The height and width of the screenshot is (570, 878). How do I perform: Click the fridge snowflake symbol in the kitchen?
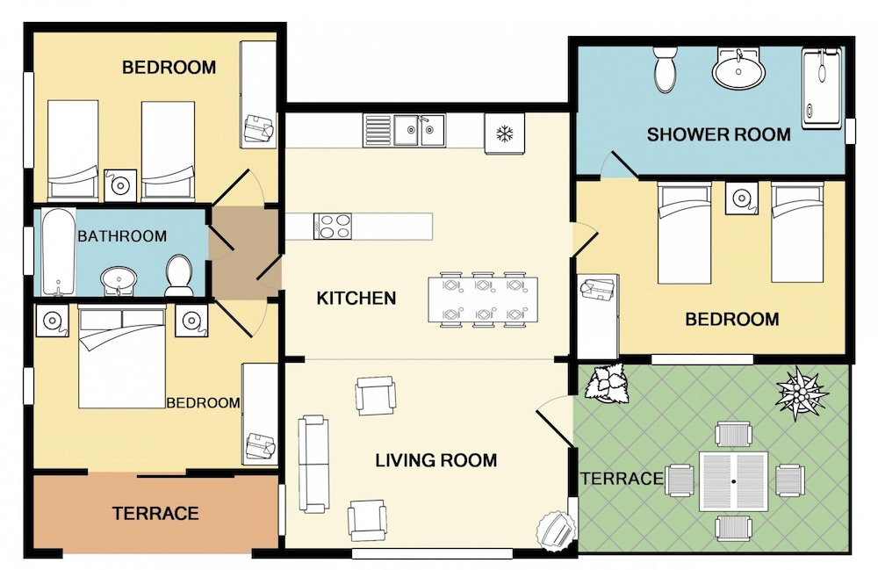pos(505,133)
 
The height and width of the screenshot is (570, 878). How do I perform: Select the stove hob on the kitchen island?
pos(333,227)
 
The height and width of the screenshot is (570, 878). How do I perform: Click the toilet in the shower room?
pos(666,69)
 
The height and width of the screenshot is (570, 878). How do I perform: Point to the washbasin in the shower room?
pos(738,69)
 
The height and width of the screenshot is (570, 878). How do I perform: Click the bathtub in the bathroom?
pos(59,252)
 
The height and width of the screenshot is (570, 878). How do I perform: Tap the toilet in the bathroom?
pos(179,276)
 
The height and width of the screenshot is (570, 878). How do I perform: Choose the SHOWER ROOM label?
pos(718,134)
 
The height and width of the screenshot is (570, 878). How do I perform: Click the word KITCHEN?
pos(356,298)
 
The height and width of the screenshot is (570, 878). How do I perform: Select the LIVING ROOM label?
pos(436,460)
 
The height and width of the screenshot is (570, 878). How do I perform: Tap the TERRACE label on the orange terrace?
pos(155,514)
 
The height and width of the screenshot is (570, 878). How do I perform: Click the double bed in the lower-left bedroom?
pos(122,357)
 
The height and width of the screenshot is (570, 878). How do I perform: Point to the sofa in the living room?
pos(313,464)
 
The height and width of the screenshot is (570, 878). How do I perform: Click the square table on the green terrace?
pos(733,481)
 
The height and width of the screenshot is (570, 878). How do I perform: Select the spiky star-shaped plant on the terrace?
pos(801,392)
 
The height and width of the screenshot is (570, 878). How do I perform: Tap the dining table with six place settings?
pos(483,299)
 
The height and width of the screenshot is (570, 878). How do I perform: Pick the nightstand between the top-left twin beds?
pos(120,184)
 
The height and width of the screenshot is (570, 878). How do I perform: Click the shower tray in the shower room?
pos(822,89)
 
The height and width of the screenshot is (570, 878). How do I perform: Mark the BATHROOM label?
pos(122,236)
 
